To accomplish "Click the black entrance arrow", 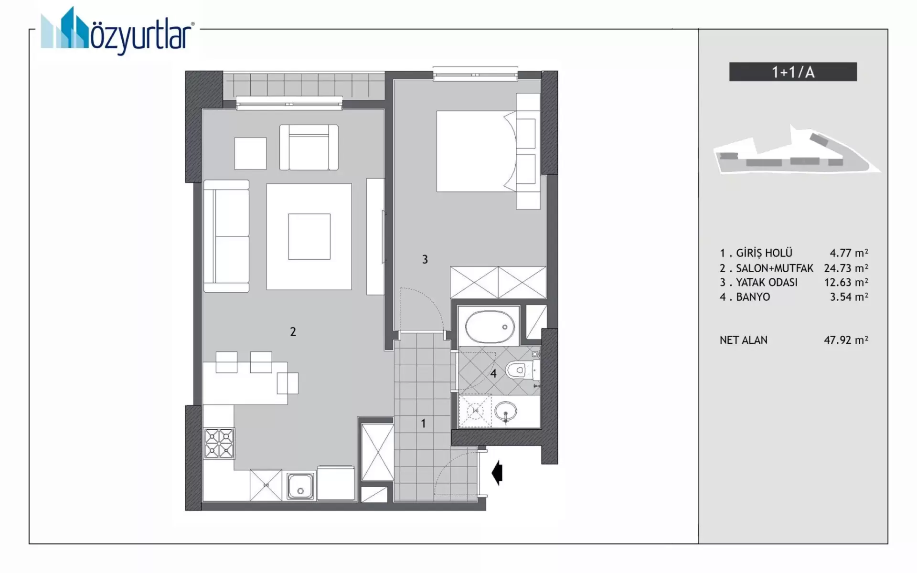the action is [x=497, y=473].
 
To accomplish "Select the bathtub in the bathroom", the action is [x=490, y=327].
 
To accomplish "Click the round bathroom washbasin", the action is [x=506, y=412].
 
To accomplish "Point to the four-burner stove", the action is [x=219, y=443].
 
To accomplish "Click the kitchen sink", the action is [x=300, y=487].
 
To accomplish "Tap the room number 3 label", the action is [x=425, y=259].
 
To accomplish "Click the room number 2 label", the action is [x=293, y=331].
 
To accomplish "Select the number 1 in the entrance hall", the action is [x=423, y=423].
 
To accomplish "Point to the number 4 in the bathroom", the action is [x=493, y=373].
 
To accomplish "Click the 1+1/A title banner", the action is [x=793, y=72].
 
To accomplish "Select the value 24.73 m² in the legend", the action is [x=846, y=268].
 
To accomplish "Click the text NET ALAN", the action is [x=744, y=340].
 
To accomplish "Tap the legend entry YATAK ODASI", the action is [x=767, y=282].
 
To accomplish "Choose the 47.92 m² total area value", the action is [x=846, y=340].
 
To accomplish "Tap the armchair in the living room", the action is [x=309, y=147].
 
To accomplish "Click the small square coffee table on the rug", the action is [x=309, y=236].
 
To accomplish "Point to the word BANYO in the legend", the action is [x=753, y=297].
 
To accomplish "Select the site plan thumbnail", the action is [x=797, y=150].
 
